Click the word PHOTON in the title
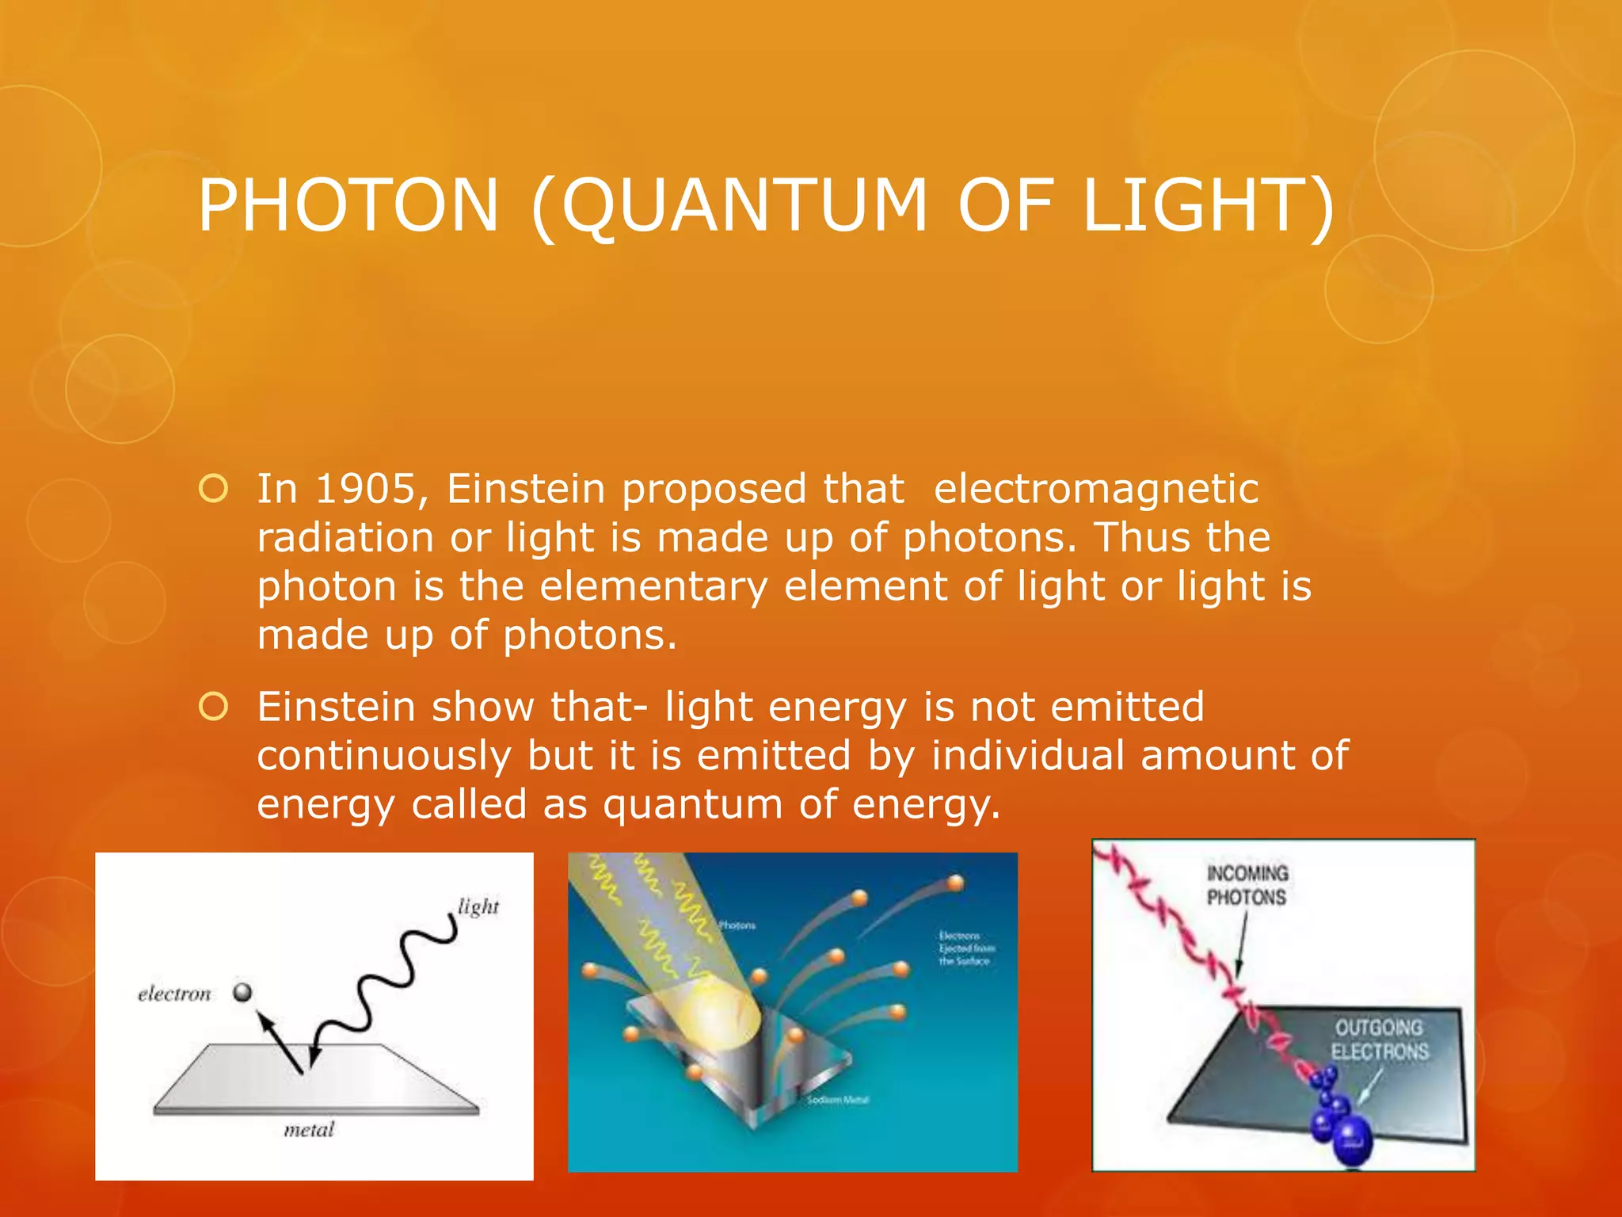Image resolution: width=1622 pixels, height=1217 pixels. click(348, 205)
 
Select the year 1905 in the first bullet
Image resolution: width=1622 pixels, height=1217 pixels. click(365, 489)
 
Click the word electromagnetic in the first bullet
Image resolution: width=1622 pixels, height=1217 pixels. click(1096, 489)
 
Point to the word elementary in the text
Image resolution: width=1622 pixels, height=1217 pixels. click(654, 586)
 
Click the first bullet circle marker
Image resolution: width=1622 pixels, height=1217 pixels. click(214, 489)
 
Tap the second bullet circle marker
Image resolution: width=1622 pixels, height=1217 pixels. click(214, 706)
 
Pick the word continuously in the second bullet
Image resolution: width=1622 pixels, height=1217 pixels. click(385, 755)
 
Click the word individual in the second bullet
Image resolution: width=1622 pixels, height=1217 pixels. click(1028, 755)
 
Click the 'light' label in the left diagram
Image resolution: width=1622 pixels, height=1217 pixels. click(478, 906)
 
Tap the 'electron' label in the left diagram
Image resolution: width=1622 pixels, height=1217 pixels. click(174, 994)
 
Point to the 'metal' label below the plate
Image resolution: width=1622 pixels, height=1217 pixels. click(309, 1129)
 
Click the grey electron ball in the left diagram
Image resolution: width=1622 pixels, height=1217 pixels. click(242, 992)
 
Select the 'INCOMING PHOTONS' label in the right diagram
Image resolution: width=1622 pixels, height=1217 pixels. click(1247, 885)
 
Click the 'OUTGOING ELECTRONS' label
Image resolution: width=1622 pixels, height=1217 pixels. click(1380, 1040)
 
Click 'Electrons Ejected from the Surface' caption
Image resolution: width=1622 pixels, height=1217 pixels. click(966, 948)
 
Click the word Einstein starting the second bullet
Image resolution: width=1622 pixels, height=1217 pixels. click(336, 706)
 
